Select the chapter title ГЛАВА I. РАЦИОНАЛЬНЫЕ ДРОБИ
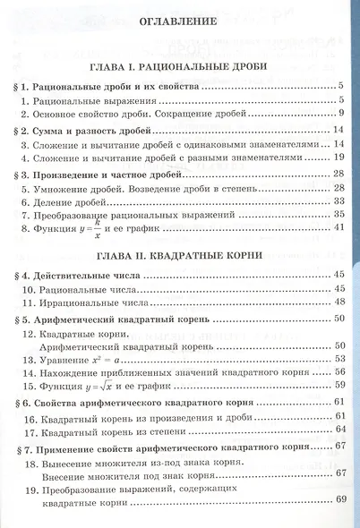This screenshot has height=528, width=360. click(180, 67)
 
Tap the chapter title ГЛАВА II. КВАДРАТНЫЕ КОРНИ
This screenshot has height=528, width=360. click(180, 255)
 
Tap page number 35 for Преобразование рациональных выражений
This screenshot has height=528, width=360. click(339, 216)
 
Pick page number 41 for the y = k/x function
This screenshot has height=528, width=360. click(339, 230)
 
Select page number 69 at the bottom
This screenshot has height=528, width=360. click(339, 499)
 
